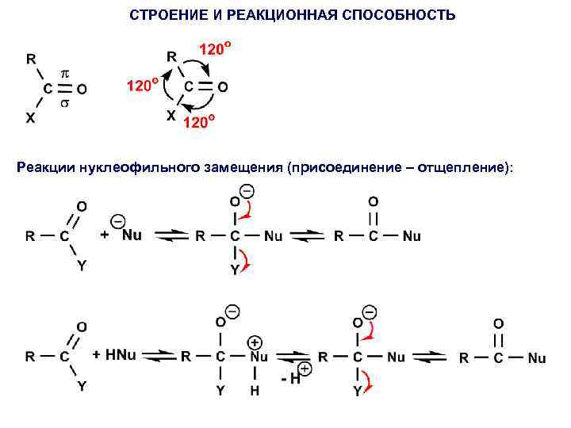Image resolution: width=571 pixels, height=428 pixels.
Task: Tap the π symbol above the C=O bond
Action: click(67, 72)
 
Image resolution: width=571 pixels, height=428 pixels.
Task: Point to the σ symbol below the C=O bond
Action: click(67, 104)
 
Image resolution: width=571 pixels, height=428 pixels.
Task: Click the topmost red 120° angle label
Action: click(215, 50)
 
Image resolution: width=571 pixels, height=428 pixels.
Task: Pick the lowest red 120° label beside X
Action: click(198, 123)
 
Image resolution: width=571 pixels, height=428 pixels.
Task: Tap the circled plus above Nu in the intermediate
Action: click(255, 342)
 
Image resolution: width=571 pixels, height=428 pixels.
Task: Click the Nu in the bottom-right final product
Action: click(537, 359)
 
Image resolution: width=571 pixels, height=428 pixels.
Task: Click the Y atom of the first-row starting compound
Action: click(80, 266)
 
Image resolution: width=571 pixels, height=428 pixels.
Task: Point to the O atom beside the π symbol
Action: click(82, 89)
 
